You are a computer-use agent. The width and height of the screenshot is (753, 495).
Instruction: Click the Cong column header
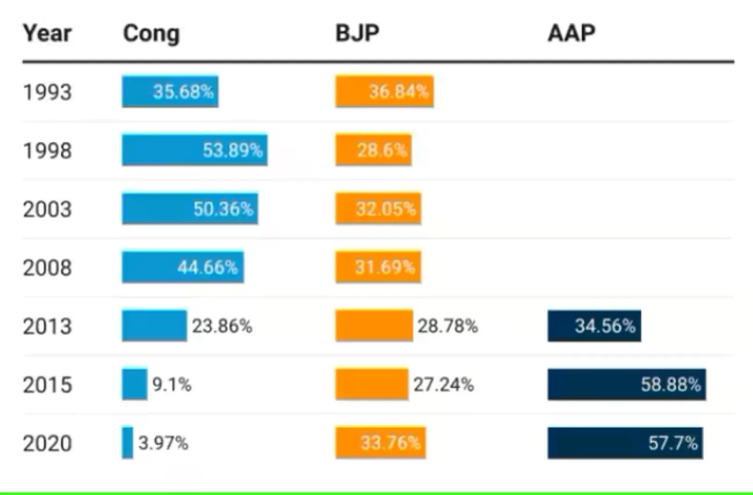151,34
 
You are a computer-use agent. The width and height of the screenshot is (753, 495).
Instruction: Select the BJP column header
357,33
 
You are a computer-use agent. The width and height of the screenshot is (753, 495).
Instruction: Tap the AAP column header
571,33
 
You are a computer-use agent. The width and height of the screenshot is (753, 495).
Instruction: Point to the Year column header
47,33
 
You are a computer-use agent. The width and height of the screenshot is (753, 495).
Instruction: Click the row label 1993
47,92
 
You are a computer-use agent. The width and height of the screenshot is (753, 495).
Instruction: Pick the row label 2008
47,268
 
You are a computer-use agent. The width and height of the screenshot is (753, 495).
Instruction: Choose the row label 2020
47,443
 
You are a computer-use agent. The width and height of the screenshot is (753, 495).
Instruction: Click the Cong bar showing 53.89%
194,150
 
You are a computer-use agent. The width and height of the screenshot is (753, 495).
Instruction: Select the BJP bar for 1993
384,91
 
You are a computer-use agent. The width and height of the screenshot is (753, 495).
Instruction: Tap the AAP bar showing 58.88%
626,385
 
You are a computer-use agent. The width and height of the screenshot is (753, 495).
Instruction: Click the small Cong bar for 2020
127,443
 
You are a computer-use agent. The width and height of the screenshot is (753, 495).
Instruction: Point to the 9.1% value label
172,385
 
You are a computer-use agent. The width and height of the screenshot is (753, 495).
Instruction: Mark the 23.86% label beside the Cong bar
222,326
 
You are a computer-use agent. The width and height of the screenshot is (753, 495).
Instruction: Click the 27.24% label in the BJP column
443,385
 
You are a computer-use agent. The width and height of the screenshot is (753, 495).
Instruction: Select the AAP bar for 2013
594,326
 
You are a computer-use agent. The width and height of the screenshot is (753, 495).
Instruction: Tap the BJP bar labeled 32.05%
378,208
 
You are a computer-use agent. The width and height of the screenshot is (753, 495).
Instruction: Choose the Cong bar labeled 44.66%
183,267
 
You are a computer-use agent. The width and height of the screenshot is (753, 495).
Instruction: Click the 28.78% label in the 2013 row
448,326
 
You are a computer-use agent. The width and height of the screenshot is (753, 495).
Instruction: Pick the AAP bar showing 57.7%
625,443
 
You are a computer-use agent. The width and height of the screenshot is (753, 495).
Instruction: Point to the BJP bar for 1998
373,150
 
